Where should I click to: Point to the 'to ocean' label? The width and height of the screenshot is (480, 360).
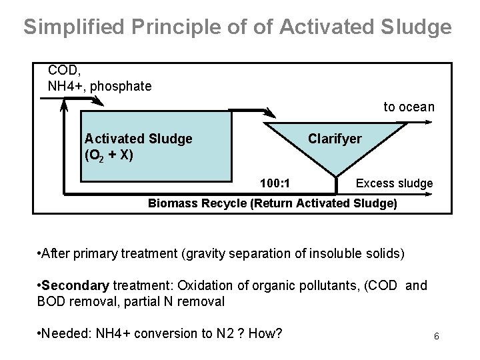tap(408, 107)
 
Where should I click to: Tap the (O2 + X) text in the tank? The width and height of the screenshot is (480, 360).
tap(109, 155)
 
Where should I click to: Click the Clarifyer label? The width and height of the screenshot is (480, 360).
tap(334, 139)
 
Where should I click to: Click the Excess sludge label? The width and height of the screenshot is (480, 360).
tap(394, 183)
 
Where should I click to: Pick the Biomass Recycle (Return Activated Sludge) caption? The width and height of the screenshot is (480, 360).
tap(272, 203)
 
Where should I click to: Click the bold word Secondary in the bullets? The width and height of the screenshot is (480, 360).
tap(76, 286)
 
